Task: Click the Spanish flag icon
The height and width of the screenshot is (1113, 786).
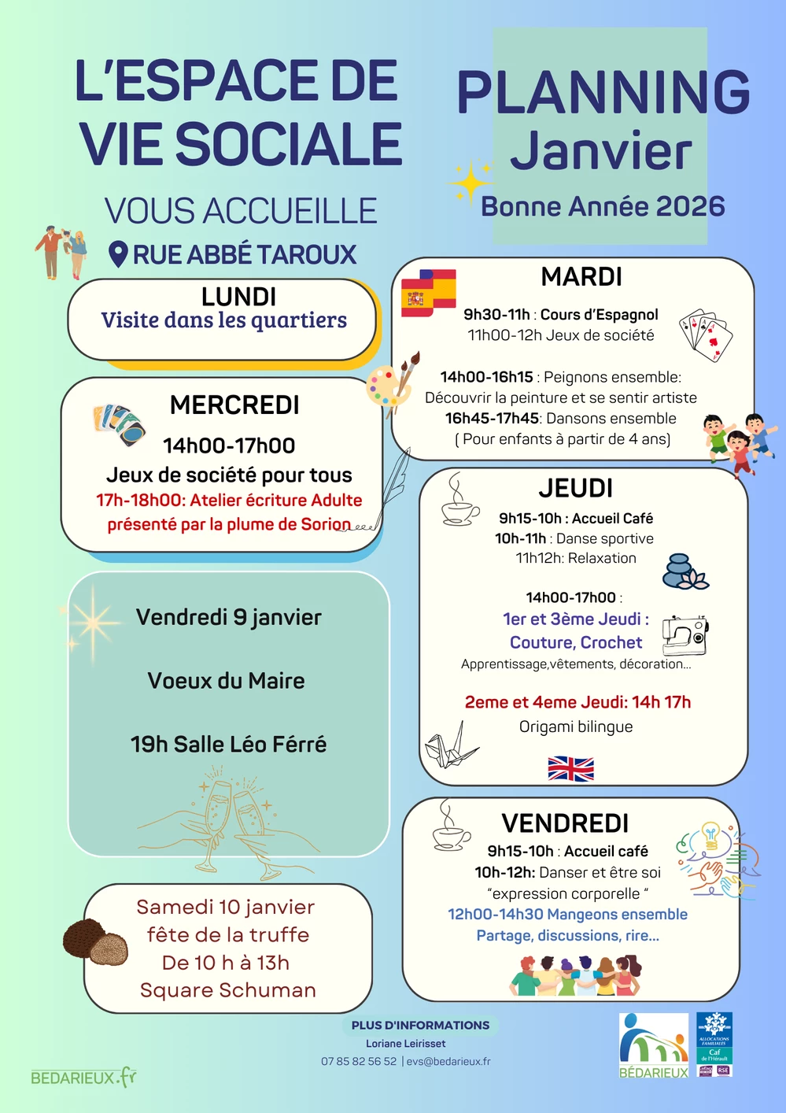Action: point(429,293)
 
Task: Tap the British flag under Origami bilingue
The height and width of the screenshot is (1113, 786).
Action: point(570,768)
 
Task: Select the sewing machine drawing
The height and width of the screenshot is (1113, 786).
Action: point(684,634)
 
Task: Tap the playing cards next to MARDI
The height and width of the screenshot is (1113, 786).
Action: point(706,335)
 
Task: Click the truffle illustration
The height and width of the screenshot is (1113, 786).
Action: point(95,941)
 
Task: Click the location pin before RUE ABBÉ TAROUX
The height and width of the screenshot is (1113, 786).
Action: point(118,254)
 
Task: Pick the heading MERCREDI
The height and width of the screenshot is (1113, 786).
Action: point(234,405)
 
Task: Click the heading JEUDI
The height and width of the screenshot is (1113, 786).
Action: point(575,488)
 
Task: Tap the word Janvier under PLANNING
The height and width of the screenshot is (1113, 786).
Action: point(601,151)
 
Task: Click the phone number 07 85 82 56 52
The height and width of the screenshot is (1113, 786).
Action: point(359,1061)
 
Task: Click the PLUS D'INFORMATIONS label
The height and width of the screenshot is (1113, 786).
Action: point(420,1025)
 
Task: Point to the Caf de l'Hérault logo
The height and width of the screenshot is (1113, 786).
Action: point(714,1044)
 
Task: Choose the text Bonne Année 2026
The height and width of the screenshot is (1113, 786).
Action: point(603,206)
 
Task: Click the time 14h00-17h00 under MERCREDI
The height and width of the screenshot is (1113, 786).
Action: point(229,446)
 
